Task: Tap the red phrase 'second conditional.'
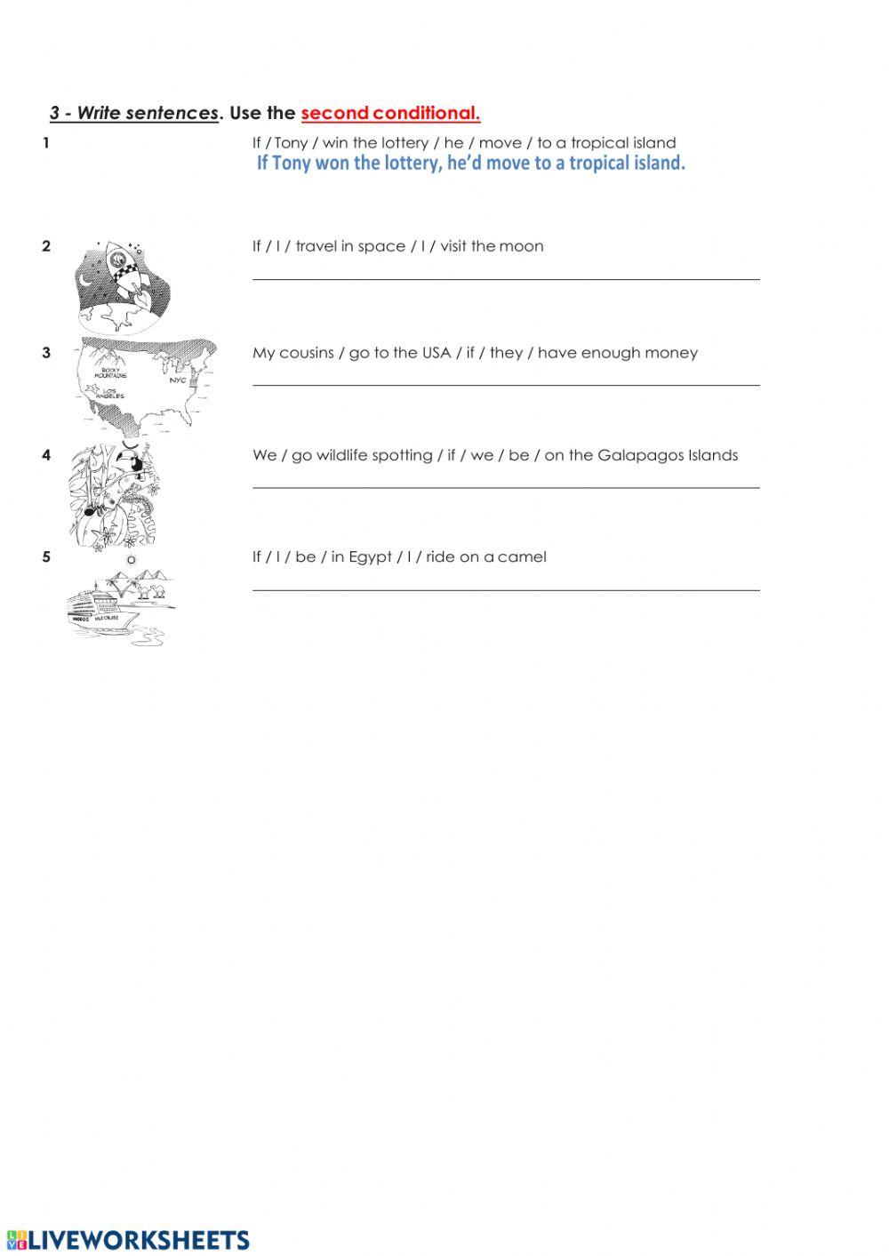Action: click(x=390, y=113)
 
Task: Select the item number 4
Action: click(x=46, y=455)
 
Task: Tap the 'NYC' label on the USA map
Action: click(x=178, y=380)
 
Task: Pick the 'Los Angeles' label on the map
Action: click(x=113, y=393)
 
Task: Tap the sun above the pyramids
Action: click(x=132, y=560)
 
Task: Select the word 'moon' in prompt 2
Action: click(x=521, y=246)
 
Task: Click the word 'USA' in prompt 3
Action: click(x=436, y=353)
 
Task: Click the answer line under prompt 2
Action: click(x=506, y=278)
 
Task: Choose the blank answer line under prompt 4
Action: click(x=506, y=486)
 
